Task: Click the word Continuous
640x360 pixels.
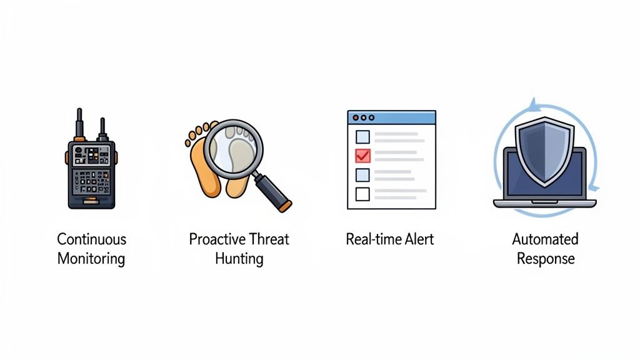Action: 91,239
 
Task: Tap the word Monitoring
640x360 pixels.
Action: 91,258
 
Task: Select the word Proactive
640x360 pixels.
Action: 216,239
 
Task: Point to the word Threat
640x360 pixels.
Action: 269,239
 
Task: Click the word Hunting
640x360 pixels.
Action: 239,258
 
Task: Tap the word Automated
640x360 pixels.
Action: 545,239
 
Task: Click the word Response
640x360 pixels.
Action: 545,258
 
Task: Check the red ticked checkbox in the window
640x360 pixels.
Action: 362,156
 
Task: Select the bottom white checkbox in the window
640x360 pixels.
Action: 362,194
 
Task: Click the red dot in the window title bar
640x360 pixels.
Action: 356,117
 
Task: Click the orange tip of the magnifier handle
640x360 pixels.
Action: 286,204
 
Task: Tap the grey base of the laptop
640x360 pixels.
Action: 544,204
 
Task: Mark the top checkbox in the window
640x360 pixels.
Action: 362,136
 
